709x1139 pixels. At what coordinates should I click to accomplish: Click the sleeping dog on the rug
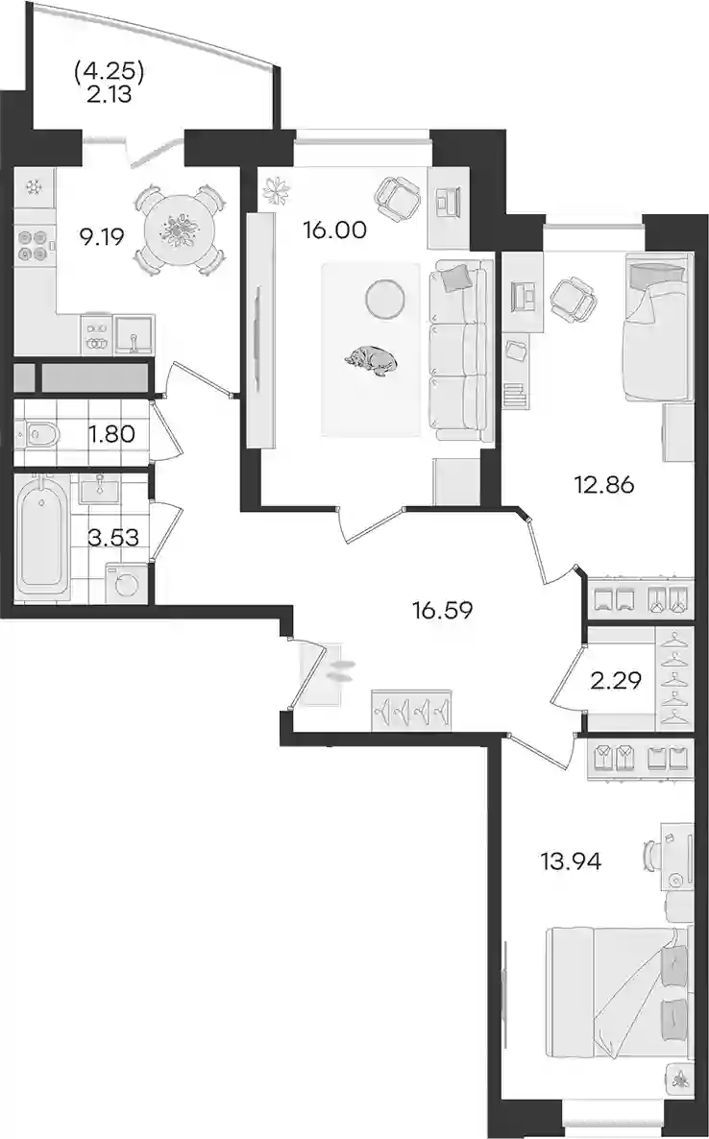[371, 361]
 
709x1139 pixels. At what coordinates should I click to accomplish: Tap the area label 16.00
[335, 230]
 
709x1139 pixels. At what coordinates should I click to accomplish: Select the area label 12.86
[603, 484]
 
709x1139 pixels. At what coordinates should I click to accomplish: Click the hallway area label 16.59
[442, 610]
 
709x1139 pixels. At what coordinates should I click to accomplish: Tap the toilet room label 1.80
[110, 434]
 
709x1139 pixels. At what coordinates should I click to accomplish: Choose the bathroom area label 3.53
[112, 538]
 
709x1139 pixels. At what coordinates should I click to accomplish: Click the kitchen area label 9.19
[104, 236]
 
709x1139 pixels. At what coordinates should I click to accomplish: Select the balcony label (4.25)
[110, 71]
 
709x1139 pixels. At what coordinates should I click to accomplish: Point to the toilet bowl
[37, 435]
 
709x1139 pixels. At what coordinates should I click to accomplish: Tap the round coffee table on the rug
[384, 299]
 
